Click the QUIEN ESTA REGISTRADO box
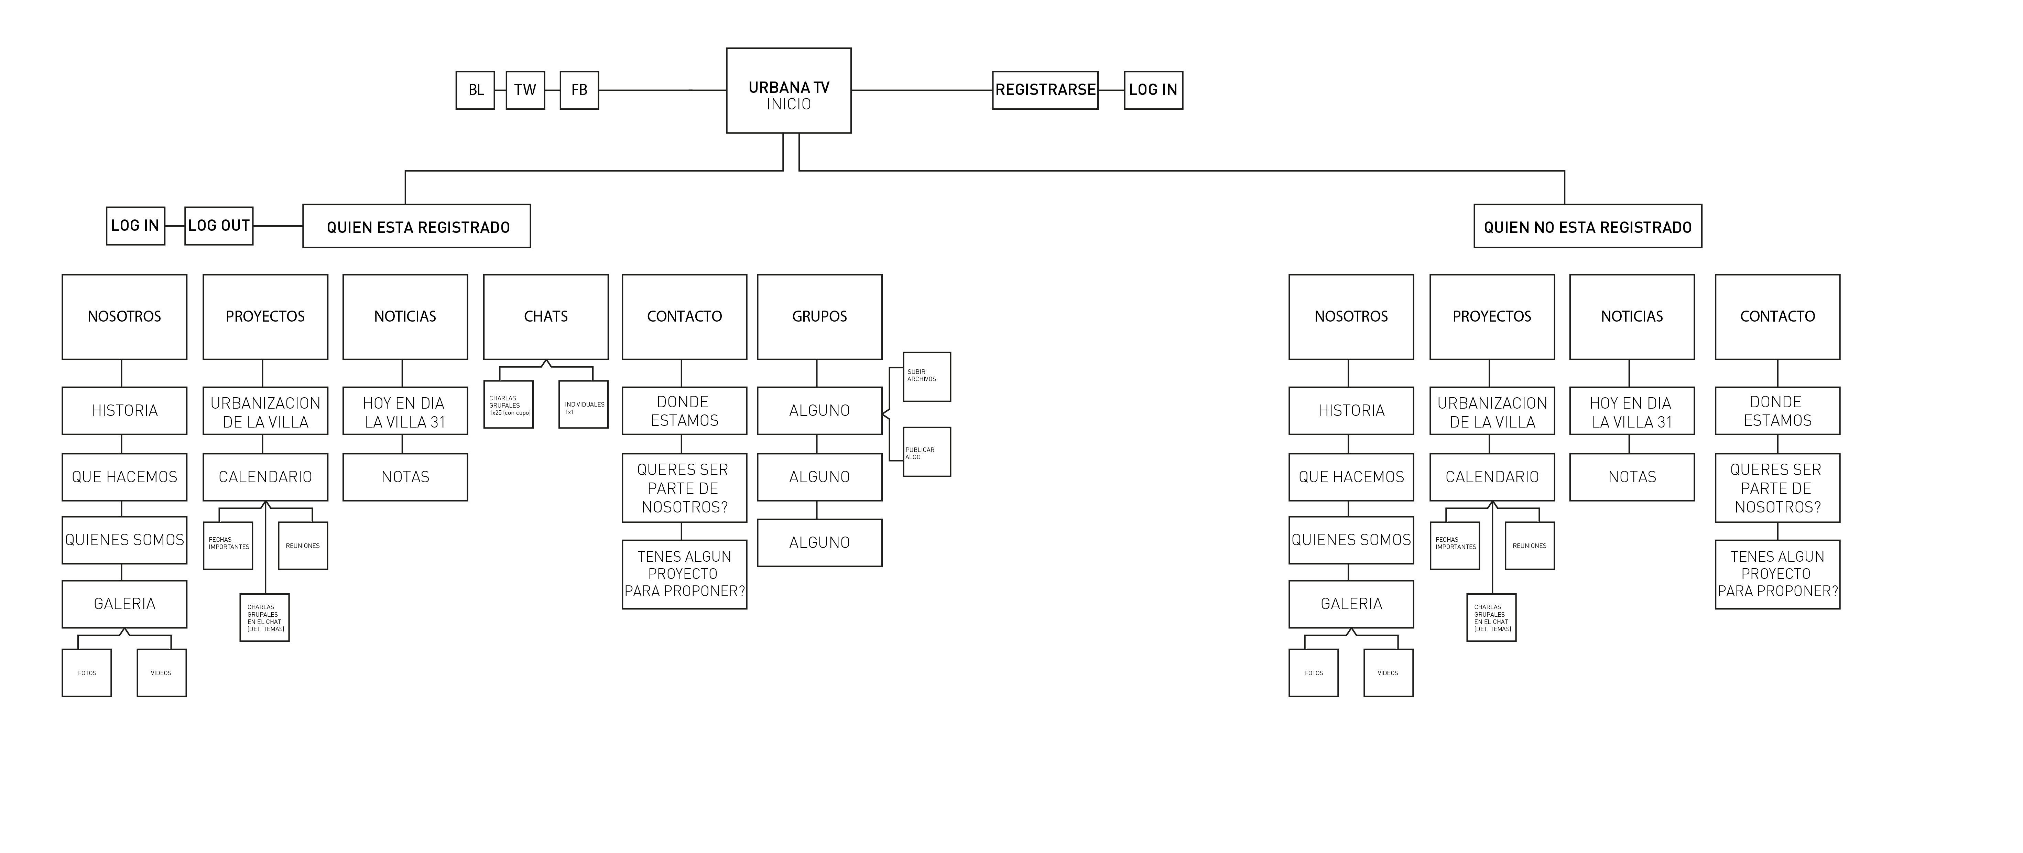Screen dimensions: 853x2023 (x=417, y=227)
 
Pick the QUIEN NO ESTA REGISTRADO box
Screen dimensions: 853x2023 (x=1587, y=227)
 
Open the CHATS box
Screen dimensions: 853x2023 (x=546, y=316)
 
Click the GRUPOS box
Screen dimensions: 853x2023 (x=819, y=316)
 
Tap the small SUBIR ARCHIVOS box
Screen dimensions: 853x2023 (x=927, y=377)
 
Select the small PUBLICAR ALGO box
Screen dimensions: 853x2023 (x=927, y=452)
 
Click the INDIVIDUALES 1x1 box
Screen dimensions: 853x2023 (x=584, y=405)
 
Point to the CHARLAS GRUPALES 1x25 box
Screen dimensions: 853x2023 (x=508, y=405)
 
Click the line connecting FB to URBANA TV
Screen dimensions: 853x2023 (x=662, y=90)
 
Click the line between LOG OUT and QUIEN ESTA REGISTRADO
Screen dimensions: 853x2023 (x=278, y=226)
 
